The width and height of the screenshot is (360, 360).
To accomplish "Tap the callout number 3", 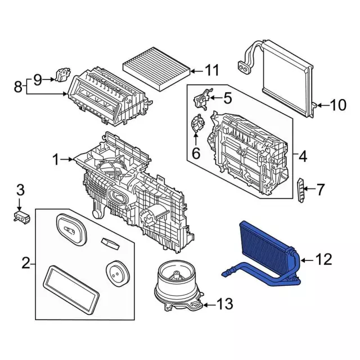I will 20,190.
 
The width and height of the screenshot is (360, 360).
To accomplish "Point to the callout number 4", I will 303,156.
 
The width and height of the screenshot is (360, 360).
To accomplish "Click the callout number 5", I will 227,98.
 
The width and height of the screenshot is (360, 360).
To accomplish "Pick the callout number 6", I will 196,152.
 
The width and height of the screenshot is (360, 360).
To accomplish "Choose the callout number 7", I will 320,190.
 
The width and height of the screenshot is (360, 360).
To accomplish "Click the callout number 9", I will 38,79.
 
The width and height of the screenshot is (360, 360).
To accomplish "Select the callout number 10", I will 339,105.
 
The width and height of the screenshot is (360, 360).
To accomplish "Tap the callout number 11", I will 211,71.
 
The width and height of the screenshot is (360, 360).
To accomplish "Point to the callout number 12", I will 325,259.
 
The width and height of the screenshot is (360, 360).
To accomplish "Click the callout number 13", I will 224,305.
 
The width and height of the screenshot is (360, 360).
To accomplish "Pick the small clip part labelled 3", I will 22,215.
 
